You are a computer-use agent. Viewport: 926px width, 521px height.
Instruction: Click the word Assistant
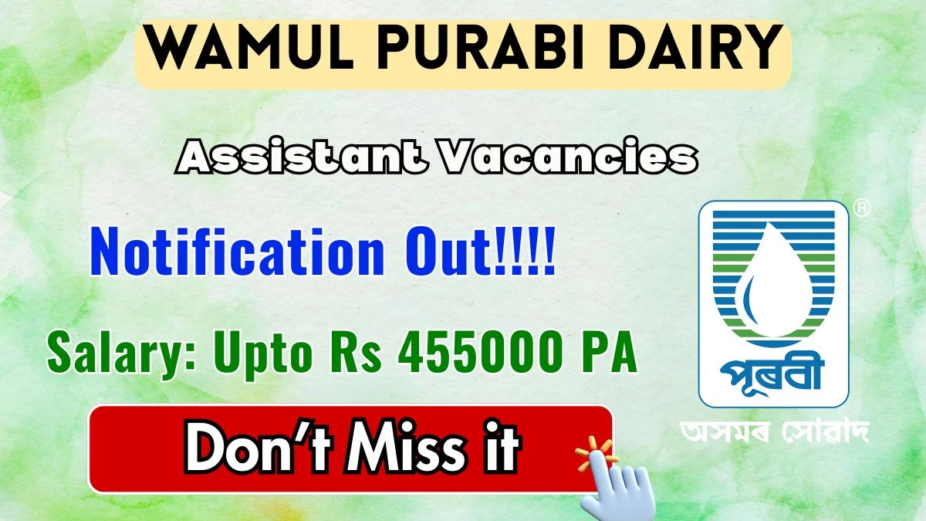point(301,156)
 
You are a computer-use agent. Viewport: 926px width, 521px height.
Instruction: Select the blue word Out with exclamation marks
point(480,251)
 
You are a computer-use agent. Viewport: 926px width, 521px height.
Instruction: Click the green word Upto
point(262,356)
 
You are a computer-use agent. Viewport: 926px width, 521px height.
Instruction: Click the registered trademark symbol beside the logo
point(861,208)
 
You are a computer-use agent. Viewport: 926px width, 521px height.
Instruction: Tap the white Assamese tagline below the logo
point(774,432)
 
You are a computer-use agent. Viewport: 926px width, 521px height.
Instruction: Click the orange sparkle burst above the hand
point(595,454)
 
